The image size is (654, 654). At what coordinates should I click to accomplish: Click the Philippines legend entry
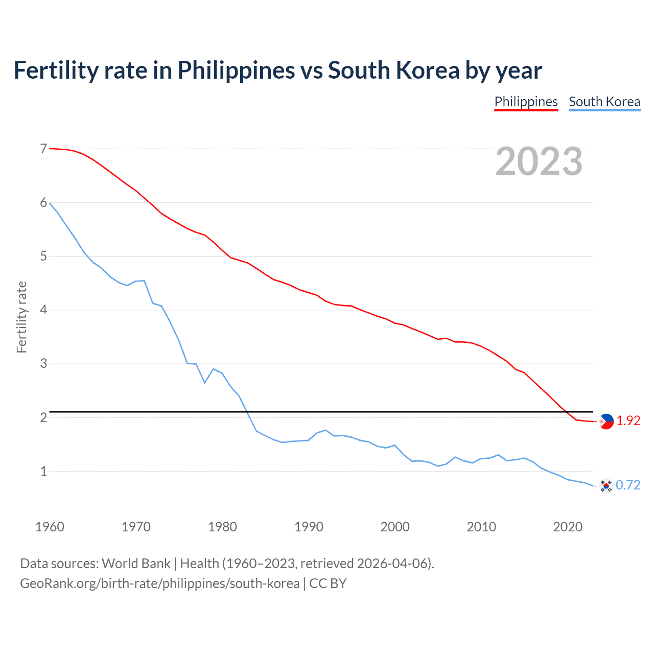pos(526,102)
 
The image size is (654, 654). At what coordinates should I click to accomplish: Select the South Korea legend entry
pos(604,102)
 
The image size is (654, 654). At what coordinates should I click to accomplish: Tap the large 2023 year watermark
pos(539,161)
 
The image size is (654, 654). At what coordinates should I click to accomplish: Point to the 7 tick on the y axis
pos(43,149)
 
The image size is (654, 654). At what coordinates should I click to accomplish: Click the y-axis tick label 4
pos(43,310)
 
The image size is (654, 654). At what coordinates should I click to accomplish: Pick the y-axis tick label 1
pos(43,471)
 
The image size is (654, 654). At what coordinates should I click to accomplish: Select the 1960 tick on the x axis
pos(50,527)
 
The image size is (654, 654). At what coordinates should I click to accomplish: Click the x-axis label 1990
pos(309,527)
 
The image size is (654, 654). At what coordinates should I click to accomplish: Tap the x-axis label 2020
pos(568,527)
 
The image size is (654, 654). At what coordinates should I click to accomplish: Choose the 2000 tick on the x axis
pos(395,527)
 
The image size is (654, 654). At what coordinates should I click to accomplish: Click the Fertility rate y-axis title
pos(21,317)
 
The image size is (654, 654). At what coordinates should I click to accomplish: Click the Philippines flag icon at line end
pos(606,422)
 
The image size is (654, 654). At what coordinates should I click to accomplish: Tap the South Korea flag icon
pos(606,486)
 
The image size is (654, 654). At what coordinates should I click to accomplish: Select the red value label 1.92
pos(628,421)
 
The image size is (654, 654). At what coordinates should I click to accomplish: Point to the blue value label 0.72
pos(628,485)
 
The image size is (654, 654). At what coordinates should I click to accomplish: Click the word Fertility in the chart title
pos(55,70)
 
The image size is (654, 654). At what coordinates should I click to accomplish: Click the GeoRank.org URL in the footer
pos(159,583)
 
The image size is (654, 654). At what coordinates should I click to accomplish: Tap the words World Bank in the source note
pos(136,563)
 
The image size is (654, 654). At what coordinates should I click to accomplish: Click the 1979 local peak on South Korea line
pos(213,368)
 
